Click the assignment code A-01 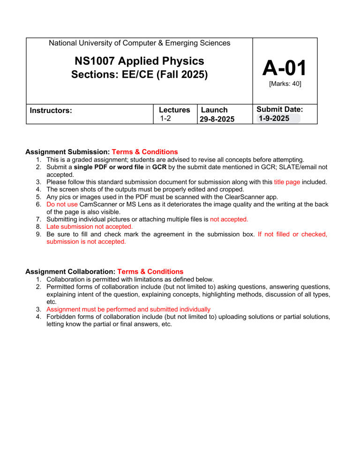(x=285, y=68)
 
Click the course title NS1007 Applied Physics (x=139, y=61)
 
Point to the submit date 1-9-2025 (x=271, y=119)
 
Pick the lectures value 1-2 (x=165, y=119)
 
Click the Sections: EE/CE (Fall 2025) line (x=139, y=75)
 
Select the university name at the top (x=139, y=43)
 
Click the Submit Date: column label (x=280, y=109)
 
